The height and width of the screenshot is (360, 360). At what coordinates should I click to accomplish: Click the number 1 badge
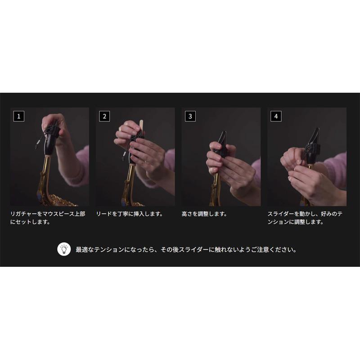[x=18, y=116]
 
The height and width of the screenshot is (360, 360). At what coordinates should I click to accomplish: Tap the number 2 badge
[x=104, y=116]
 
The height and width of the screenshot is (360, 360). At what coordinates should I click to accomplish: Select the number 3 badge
[x=190, y=116]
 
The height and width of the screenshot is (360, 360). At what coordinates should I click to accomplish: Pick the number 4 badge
[x=276, y=116]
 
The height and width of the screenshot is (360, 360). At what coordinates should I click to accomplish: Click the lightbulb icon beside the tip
[x=64, y=249]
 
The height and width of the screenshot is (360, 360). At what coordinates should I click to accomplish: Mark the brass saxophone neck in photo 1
[x=45, y=175]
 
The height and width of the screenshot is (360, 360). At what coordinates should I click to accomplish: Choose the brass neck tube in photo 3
[x=217, y=184]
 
